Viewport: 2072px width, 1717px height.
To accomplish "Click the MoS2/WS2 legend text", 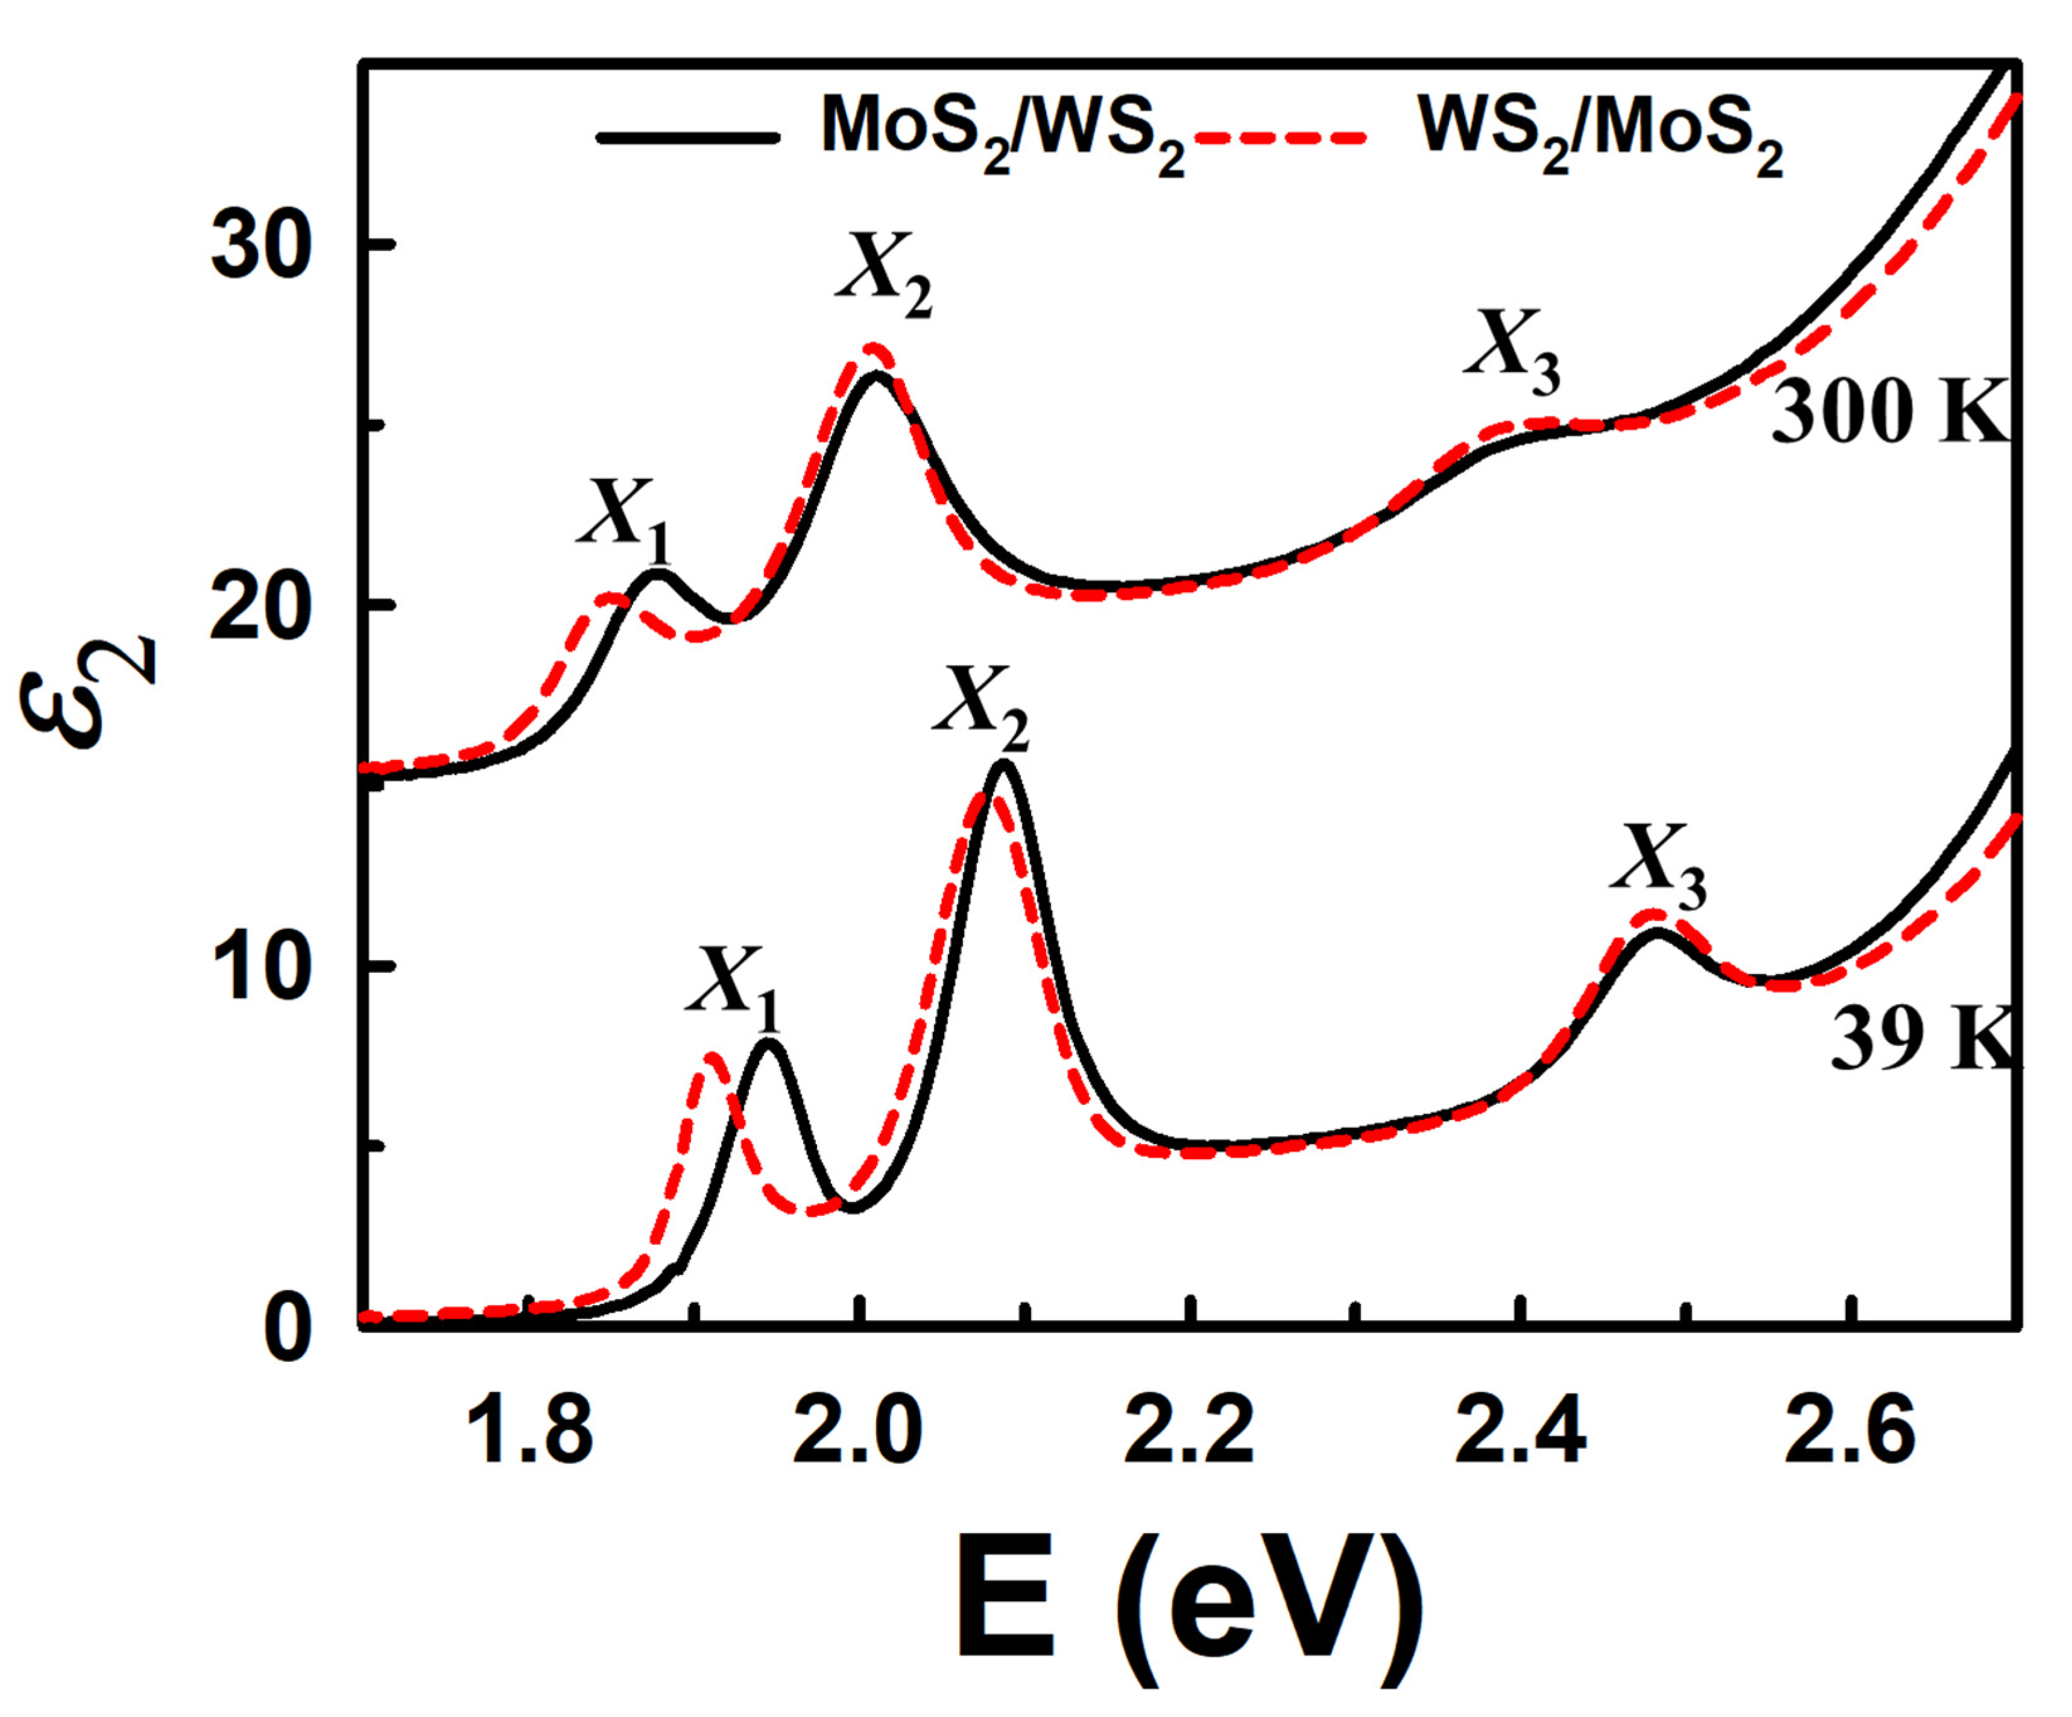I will tap(1001, 133).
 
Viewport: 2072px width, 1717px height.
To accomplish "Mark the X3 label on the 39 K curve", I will tap(1658, 859).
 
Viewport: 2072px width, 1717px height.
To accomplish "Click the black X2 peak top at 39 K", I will tap(1003, 765).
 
